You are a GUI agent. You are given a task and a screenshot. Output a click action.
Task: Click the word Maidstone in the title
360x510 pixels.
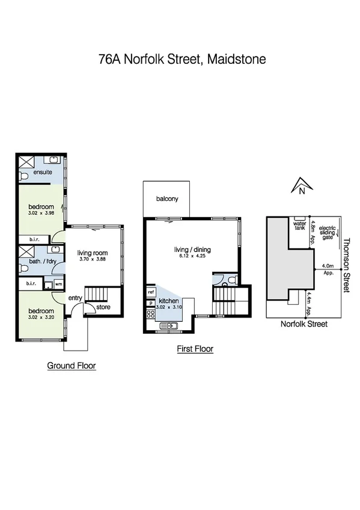(234, 60)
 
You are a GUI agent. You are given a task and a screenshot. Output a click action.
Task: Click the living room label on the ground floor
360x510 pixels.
(93, 253)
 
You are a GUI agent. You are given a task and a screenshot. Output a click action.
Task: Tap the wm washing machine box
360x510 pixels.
(59, 284)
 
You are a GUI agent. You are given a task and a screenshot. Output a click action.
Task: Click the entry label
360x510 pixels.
(75, 298)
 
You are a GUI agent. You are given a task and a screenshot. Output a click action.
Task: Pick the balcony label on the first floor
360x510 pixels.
(166, 199)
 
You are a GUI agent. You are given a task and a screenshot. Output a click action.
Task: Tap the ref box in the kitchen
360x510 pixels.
(150, 292)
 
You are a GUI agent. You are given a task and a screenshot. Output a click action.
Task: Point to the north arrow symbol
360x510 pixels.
(300, 186)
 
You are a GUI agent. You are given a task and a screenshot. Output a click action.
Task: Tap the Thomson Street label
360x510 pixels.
(346, 264)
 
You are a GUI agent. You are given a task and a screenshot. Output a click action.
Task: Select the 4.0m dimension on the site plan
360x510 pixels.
(328, 265)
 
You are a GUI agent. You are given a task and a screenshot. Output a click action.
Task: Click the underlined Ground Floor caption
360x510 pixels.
(72, 365)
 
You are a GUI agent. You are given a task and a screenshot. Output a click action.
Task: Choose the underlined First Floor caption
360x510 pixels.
(195, 348)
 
